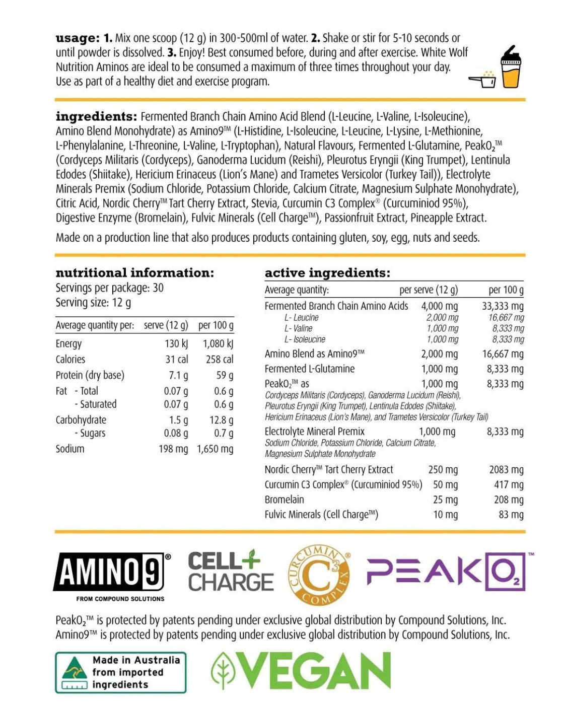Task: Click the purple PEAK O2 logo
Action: (446, 572)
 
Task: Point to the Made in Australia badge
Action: (121, 672)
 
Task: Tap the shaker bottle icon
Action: (511, 67)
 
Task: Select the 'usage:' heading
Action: (78, 38)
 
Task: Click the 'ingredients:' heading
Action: (96, 116)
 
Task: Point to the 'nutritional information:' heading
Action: (134, 273)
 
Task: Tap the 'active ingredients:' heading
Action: (327, 273)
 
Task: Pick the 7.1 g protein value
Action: (178, 375)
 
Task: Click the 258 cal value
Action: (220, 360)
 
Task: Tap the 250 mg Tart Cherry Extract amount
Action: (443, 470)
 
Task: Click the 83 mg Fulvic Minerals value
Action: (511, 515)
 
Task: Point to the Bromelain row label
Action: (285, 500)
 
